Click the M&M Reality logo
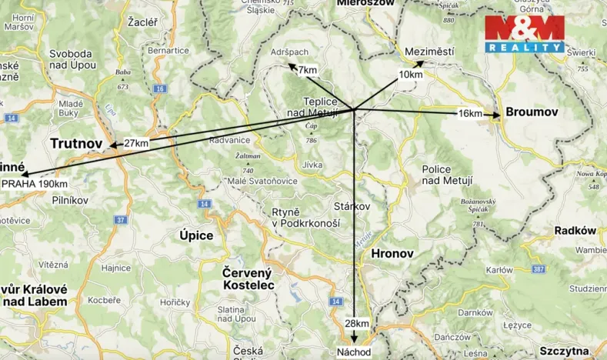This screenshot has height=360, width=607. (524, 35)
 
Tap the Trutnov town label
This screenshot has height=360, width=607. (76, 143)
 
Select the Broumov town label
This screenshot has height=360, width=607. (531, 112)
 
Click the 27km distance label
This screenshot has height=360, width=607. (135, 143)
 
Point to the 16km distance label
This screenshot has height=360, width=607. (469, 114)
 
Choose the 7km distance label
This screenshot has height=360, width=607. (307, 71)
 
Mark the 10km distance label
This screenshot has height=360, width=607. (410, 75)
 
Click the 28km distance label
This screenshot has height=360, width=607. (356, 322)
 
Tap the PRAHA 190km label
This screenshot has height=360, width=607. (35, 184)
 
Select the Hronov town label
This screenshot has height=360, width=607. (392, 253)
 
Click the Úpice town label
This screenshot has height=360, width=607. (196, 235)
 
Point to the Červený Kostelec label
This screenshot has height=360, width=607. (248, 278)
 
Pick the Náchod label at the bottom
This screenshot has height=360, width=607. (354, 352)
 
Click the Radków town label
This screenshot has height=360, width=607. (575, 230)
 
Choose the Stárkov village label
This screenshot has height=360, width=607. (352, 207)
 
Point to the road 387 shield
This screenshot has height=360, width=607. (537, 269)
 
